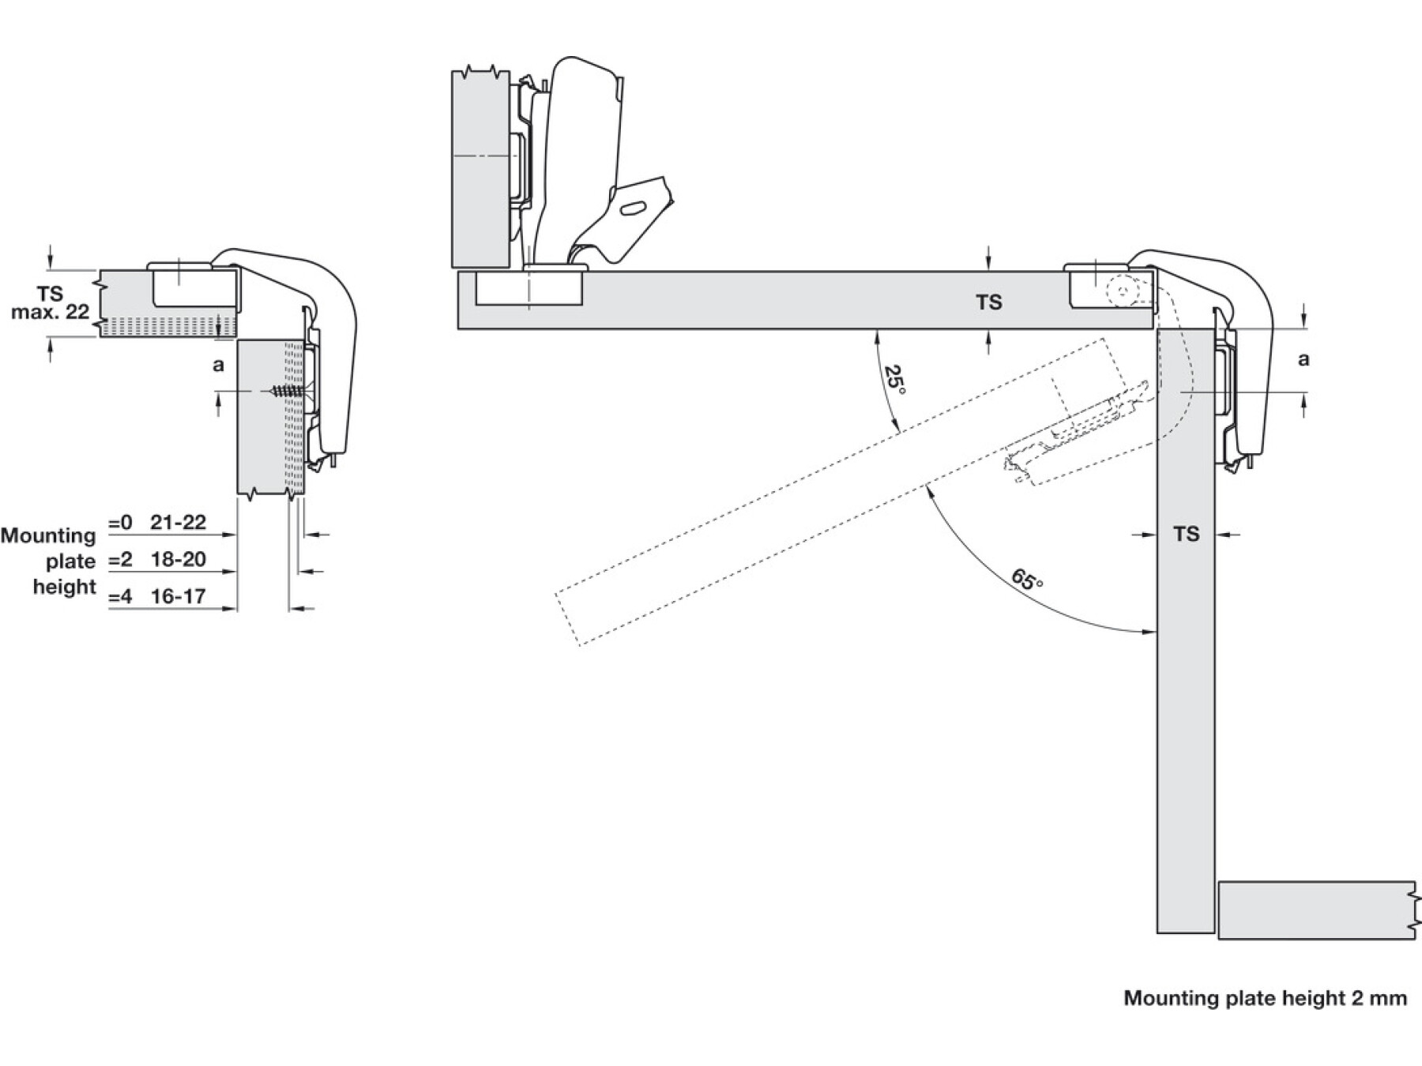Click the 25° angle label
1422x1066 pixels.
point(895,380)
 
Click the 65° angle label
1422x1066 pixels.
point(1027,580)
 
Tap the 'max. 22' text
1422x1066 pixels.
point(50,312)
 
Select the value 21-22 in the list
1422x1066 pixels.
point(179,522)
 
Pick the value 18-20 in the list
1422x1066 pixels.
point(179,559)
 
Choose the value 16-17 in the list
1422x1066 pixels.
point(179,596)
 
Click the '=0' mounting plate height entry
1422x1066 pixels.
point(120,522)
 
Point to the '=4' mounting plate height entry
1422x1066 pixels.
point(120,596)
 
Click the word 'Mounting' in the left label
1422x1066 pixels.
point(48,535)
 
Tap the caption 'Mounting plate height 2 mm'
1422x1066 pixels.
point(1265,998)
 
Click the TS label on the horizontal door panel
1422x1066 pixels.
point(988,302)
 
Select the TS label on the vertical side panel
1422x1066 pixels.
point(1186,535)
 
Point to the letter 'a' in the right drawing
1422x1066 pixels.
point(1303,359)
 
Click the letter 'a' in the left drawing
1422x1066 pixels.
point(219,365)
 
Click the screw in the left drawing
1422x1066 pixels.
point(287,391)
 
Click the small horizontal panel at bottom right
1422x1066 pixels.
point(1315,910)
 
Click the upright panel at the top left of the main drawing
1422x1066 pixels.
point(480,169)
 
